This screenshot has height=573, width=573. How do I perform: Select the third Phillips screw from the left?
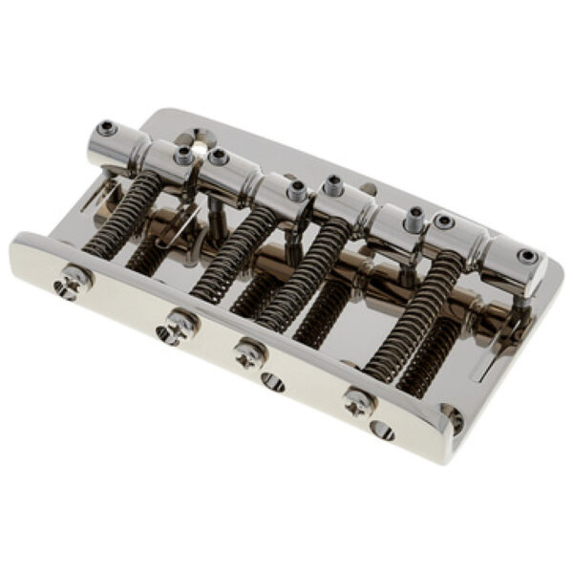point(249,350)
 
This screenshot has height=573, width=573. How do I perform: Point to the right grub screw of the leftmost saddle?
point(182,154)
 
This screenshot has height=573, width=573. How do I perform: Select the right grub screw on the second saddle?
point(296,189)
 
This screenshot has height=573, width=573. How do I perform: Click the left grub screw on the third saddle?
point(333,181)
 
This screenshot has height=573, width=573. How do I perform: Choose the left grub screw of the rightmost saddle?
point(443,222)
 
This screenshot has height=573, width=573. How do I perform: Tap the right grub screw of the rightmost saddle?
point(526,256)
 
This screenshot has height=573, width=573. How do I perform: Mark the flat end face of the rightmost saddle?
point(523,261)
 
